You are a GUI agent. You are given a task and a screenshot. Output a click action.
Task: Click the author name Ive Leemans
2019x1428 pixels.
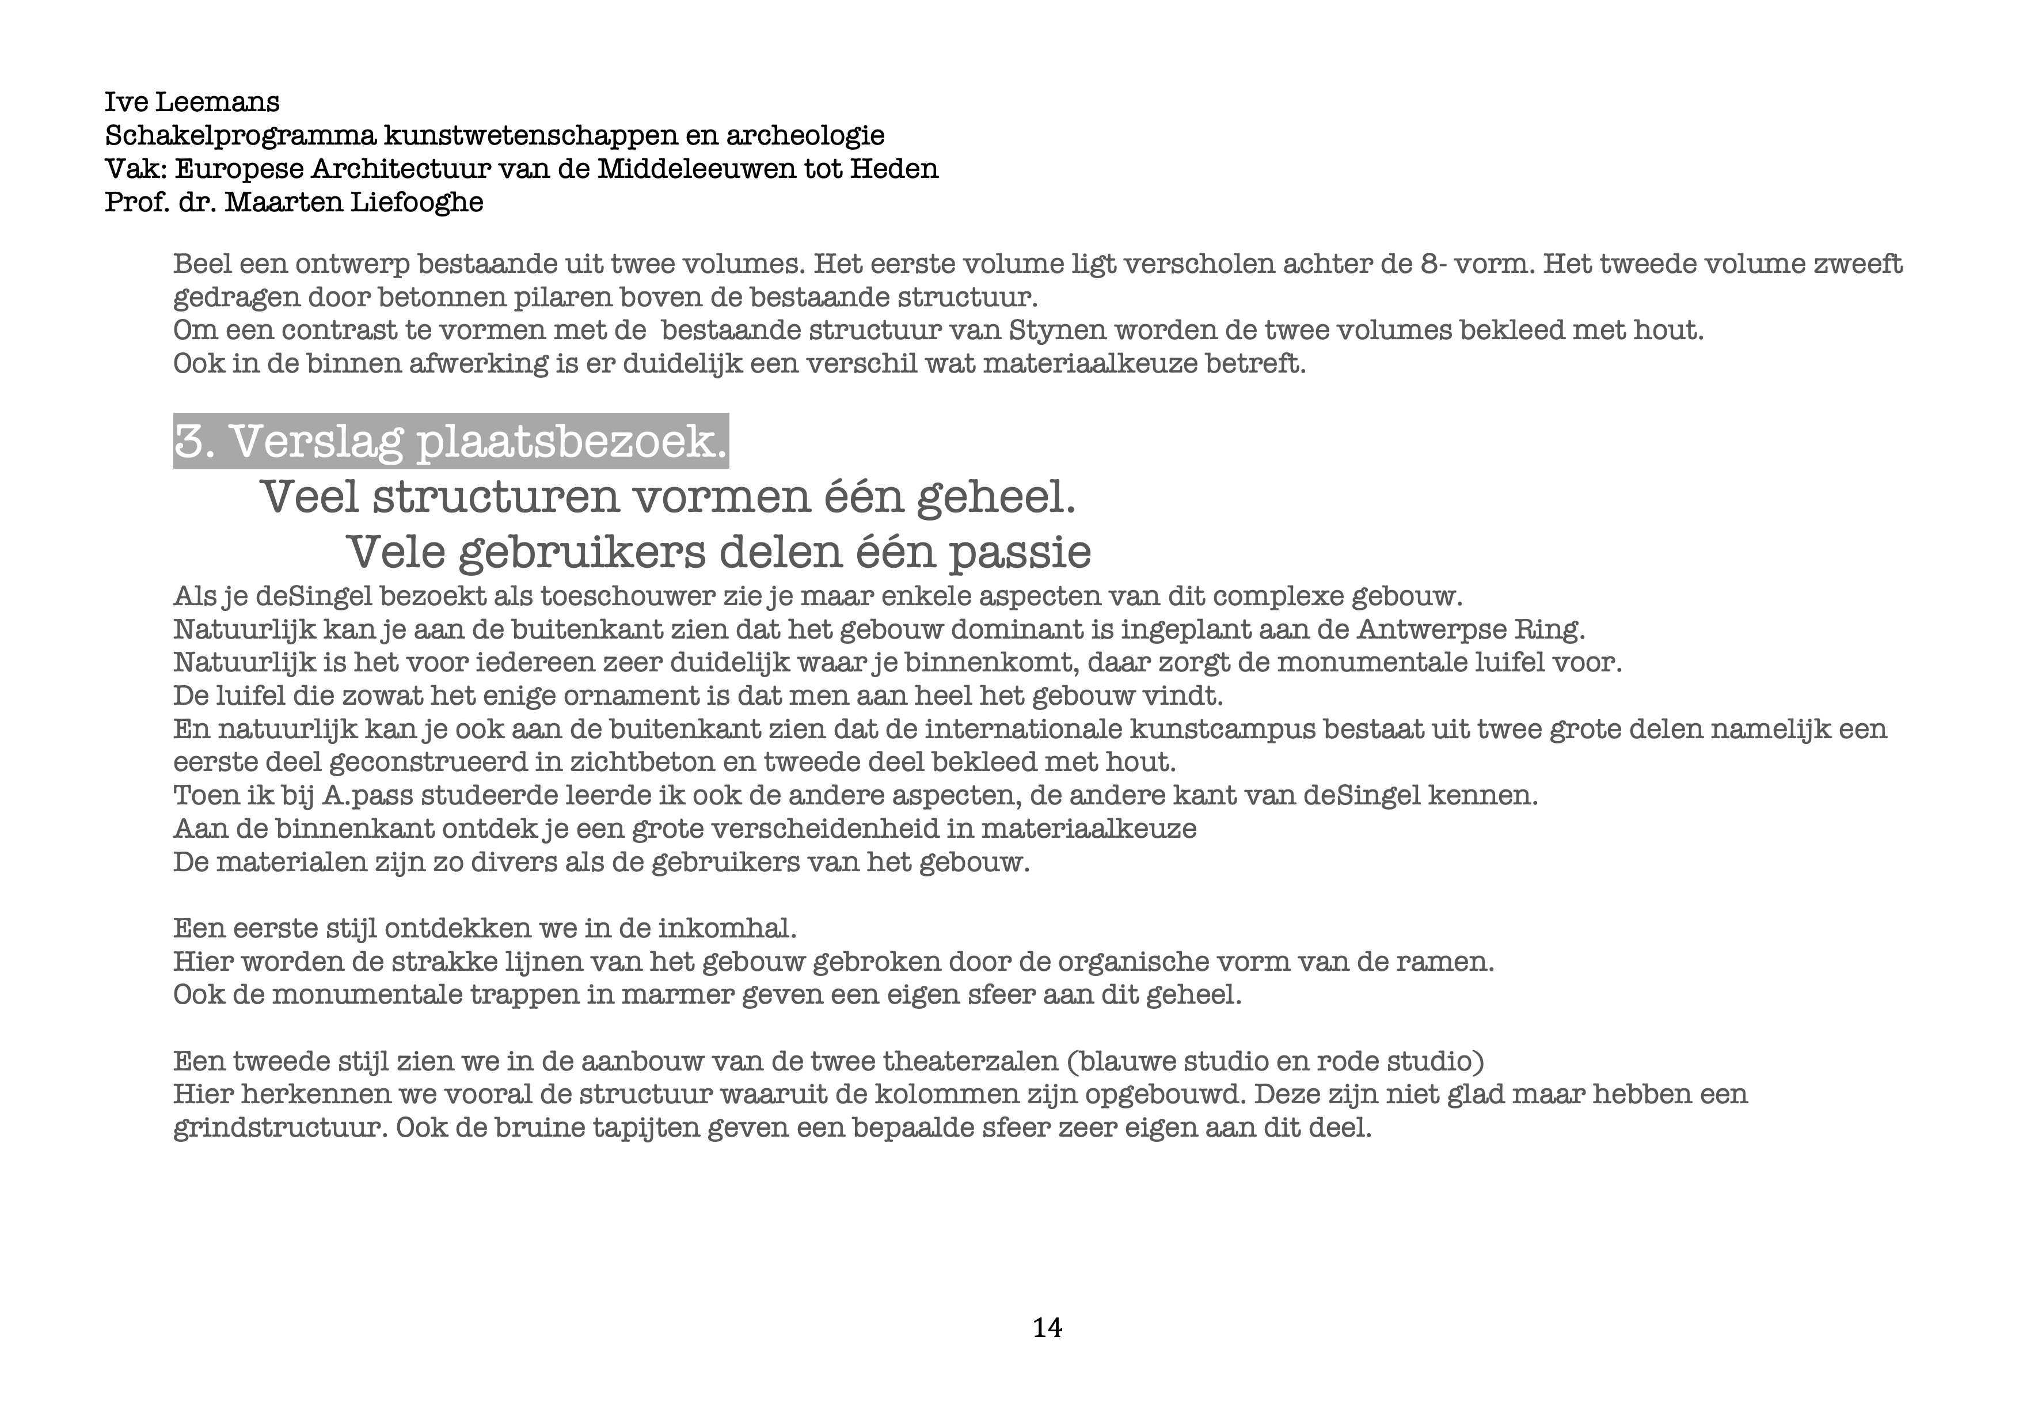pos(192,102)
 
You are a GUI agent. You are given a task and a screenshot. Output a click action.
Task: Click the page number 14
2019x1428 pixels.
pos(1047,1328)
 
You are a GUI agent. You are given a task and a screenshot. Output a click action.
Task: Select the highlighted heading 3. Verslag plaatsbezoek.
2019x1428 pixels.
pos(450,442)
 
